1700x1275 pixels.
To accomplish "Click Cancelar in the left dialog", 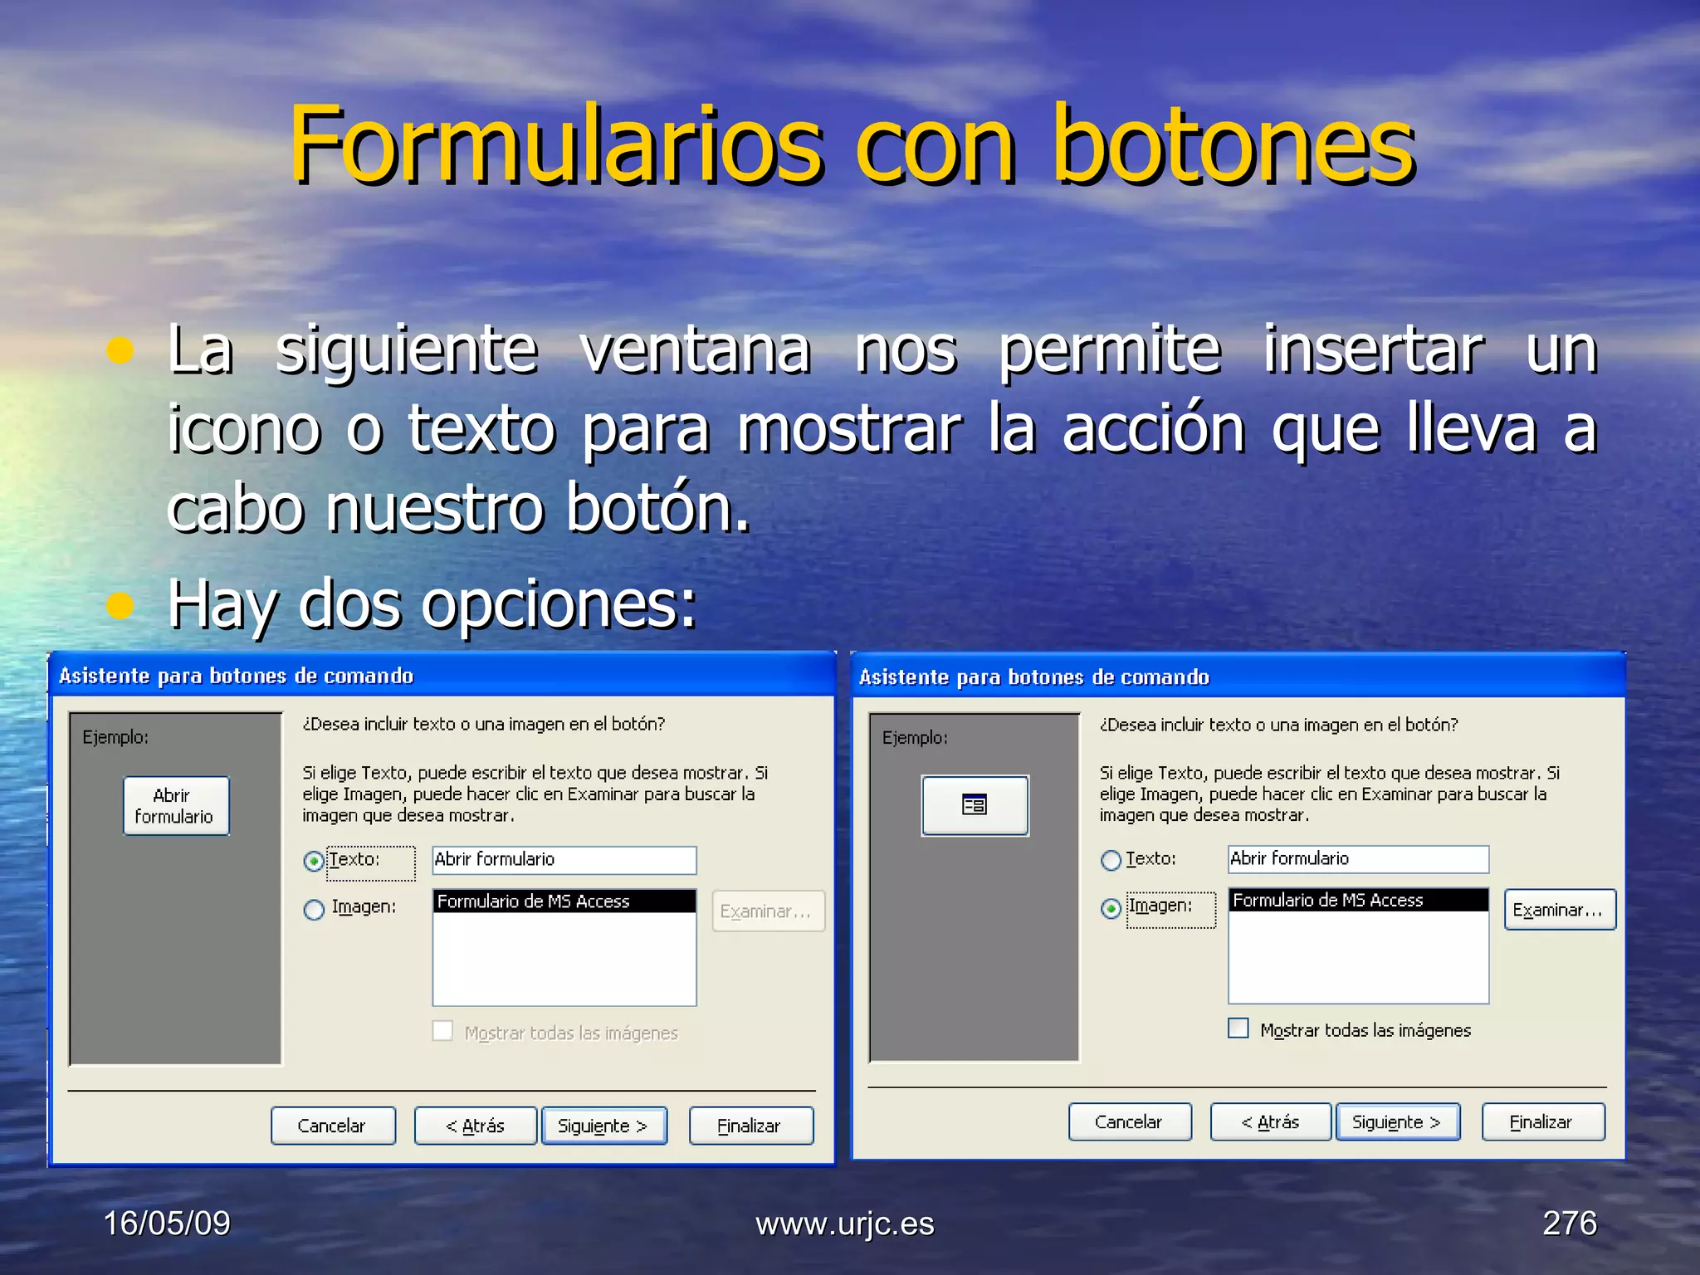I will tap(333, 1126).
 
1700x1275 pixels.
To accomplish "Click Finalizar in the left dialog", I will tap(750, 1126).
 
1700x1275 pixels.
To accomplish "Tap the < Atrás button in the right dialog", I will tap(1270, 1122).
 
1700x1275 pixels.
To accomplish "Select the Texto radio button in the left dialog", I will tap(314, 862).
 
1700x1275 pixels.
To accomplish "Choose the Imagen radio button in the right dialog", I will tap(1111, 909).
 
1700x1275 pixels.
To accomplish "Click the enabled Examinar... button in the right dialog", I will tap(1559, 910).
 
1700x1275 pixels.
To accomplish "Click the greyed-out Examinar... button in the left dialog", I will tap(767, 911).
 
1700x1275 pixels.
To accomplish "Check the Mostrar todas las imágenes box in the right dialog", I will tap(1238, 1028).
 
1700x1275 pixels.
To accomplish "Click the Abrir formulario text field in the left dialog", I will tap(564, 860).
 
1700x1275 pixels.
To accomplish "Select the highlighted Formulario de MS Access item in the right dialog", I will tap(1357, 901).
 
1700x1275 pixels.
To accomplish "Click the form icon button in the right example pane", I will tap(975, 805).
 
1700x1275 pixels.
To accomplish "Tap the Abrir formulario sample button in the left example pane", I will tap(176, 806).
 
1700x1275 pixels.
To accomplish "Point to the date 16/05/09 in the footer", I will tap(167, 1223).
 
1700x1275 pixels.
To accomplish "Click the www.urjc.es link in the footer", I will tap(844, 1224).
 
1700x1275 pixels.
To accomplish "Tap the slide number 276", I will tap(1569, 1223).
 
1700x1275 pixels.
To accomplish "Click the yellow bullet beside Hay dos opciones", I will tap(120, 606).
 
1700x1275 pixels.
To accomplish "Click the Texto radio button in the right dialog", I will tap(1111, 861).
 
